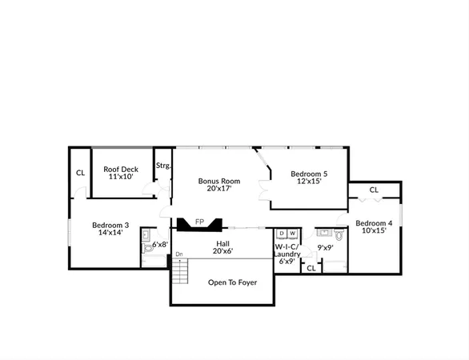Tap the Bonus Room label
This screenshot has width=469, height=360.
click(219, 185)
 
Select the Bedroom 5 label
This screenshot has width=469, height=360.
click(309, 178)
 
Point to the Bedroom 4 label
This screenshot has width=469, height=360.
click(374, 226)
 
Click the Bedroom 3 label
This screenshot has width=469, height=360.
click(110, 229)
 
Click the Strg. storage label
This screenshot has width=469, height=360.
click(163, 166)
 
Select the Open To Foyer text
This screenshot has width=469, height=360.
click(232, 282)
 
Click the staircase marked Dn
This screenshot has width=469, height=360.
click(182, 271)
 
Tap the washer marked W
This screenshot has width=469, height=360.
click(292, 234)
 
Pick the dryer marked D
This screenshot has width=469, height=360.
click(282, 234)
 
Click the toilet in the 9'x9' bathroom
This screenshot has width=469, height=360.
click(339, 236)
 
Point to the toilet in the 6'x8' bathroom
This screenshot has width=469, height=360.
click(148, 248)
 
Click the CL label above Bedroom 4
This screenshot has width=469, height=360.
click(374, 190)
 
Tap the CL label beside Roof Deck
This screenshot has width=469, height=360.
click(80, 173)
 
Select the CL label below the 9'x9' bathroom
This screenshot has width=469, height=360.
click(311, 268)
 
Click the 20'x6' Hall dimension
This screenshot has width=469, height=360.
click(223, 251)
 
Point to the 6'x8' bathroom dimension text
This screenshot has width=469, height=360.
click(160, 245)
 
